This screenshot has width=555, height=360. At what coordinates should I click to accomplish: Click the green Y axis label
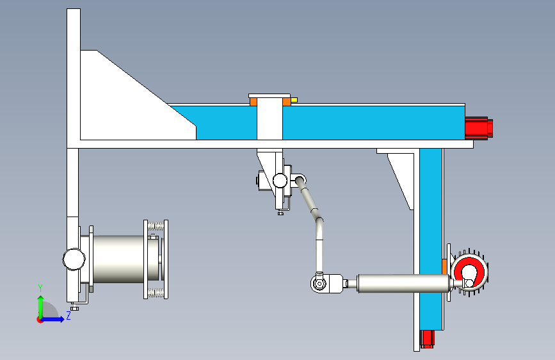coord(40,288)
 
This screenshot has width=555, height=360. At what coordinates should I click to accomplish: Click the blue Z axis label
coord(68,315)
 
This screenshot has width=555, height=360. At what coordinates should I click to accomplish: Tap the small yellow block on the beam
coord(294,101)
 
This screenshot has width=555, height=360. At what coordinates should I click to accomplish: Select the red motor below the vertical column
coord(427,339)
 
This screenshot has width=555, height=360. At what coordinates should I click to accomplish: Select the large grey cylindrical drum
coord(118,259)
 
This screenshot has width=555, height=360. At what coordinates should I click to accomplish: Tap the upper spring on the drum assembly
coord(156,225)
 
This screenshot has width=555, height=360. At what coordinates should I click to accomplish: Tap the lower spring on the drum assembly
coord(156,293)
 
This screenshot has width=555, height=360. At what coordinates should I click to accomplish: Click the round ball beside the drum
coord(74,259)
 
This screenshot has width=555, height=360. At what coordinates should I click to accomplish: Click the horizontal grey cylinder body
coord(404,283)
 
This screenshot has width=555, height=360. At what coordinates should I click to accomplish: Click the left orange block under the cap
coord(253,102)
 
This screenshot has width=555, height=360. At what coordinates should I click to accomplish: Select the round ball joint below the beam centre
coord(280,181)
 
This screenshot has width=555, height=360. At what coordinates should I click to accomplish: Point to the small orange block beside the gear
coord(444,266)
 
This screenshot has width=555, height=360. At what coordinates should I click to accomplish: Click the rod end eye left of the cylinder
coord(319,283)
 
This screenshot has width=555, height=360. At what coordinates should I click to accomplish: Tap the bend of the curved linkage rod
coord(319,222)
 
